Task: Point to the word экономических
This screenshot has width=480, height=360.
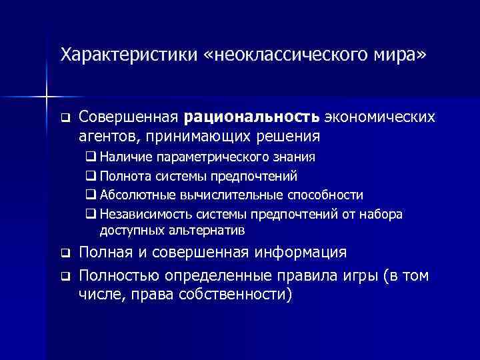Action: (x=380, y=118)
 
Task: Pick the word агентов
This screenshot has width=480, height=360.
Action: (x=104, y=137)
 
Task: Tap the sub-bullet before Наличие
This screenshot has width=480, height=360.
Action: (x=91, y=158)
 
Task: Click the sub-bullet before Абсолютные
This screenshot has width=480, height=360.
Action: (x=91, y=195)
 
